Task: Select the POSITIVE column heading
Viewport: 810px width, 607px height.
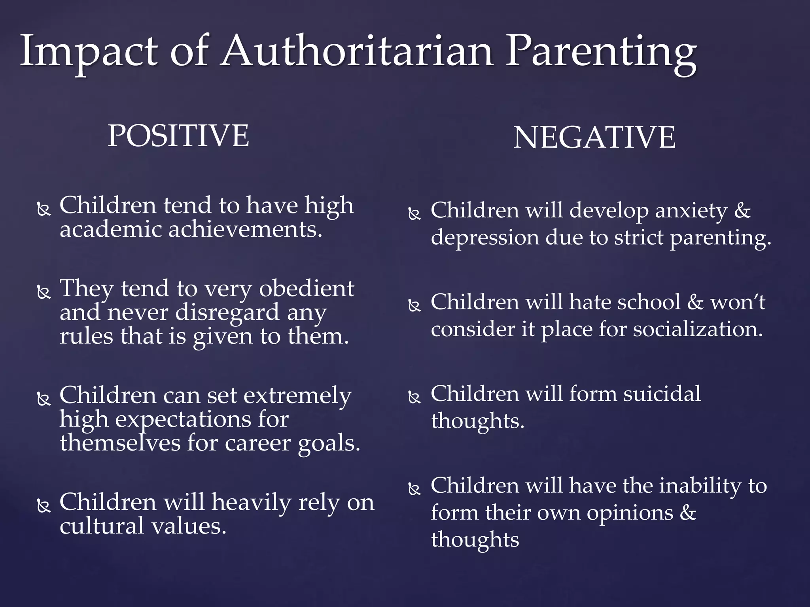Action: pos(178,136)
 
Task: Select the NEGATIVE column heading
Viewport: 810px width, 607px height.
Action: pos(594,138)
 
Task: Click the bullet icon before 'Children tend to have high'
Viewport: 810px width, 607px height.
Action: pos(44,209)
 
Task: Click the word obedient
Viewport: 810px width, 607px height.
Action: pos(307,288)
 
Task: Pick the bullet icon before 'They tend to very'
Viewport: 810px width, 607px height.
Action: pos(44,292)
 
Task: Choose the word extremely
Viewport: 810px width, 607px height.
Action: pos(297,396)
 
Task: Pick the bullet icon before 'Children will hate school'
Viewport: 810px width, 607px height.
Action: pos(414,305)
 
